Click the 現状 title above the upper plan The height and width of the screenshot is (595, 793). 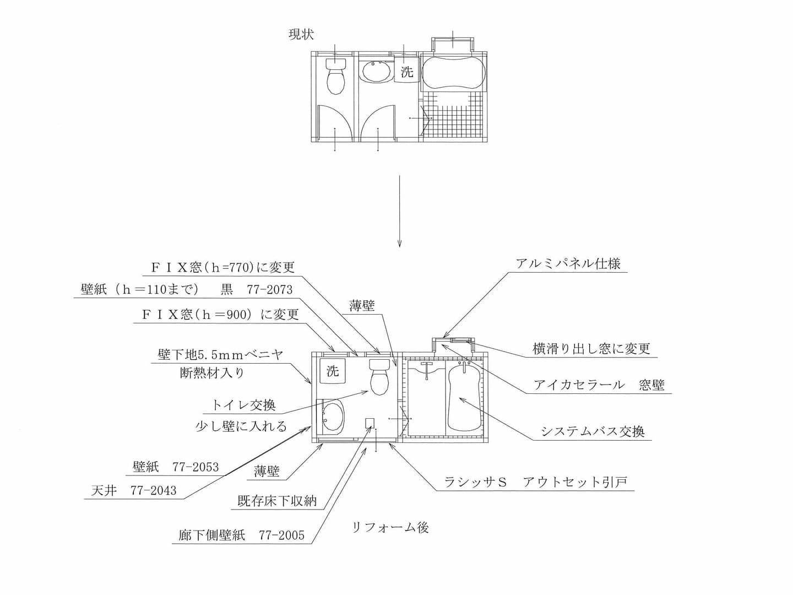(301, 35)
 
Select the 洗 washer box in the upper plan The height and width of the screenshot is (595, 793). (406, 71)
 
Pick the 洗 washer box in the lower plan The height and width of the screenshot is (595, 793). (333, 371)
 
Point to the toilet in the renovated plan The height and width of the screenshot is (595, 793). (379, 377)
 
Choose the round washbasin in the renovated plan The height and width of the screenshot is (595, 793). (333, 416)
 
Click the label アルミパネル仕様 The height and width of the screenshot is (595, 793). (568, 264)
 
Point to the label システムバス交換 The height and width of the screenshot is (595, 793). (593, 431)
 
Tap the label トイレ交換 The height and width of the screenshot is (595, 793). (243, 405)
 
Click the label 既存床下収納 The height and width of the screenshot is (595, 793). (277, 501)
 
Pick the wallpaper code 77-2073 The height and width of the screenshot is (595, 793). (269, 290)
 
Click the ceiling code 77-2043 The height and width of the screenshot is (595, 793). (154, 491)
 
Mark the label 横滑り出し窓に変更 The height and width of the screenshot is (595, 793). (591, 349)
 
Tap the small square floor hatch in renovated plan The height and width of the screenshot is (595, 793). (371, 423)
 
